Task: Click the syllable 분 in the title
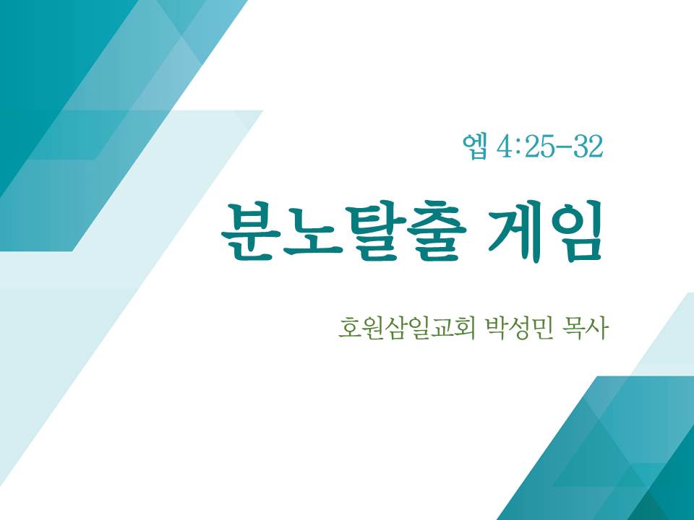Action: pyautogui.click(x=251, y=231)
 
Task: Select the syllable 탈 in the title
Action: pyautogui.click(x=375, y=231)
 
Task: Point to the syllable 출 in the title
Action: pyautogui.click(x=437, y=231)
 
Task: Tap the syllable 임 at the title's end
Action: pyautogui.click(x=575, y=231)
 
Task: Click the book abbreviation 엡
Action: pyautogui.click(x=475, y=147)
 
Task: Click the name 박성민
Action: pyautogui.click(x=520, y=328)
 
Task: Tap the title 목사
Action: pyautogui.click(x=584, y=328)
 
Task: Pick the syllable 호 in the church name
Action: pyautogui.click(x=349, y=329)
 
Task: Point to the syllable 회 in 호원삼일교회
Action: pyautogui.click(x=464, y=328)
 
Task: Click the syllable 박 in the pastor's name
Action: pyautogui.click(x=497, y=328)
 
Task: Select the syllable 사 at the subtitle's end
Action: pyautogui.click(x=596, y=328)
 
